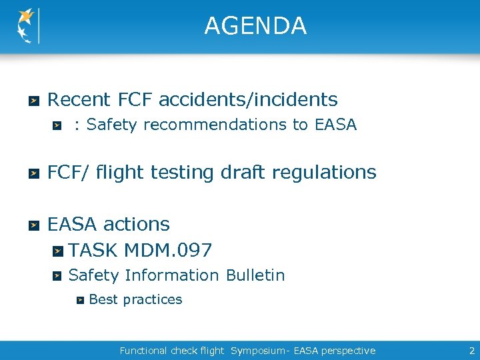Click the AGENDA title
point(255,26)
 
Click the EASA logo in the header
point(27,26)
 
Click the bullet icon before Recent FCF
point(33,101)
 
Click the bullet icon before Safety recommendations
point(58,125)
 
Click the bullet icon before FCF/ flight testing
point(33,173)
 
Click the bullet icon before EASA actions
point(33,225)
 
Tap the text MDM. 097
point(168,251)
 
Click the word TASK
point(93,251)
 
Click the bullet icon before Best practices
point(79,300)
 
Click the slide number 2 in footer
point(471,351)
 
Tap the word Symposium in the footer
point(255,351)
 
